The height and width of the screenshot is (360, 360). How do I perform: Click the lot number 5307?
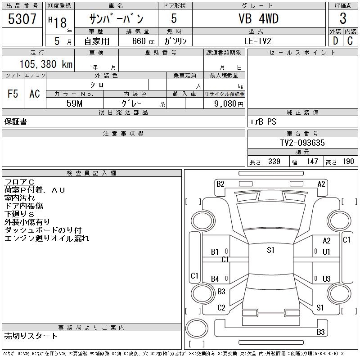pos(22,19)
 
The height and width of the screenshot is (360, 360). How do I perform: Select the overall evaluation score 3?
pos(343,19)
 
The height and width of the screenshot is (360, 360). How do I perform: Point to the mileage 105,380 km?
pos(45,64)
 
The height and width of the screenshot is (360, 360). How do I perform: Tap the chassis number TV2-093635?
pos(302,143)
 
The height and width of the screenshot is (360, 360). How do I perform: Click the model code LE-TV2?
pos(258,41)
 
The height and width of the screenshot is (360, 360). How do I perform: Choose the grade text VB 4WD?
pos(258,19)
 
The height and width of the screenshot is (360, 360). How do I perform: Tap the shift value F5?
pos(13,94)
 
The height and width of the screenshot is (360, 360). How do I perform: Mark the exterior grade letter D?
pos(335,41)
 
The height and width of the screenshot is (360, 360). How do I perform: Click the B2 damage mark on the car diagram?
pos(220,184)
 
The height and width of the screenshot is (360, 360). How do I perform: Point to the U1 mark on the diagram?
pos(327,252)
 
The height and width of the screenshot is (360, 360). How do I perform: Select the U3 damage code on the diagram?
pos(327,279)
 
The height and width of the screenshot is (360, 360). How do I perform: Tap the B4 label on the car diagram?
pos(215,279)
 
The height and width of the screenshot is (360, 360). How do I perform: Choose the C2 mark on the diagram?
pos(221,308)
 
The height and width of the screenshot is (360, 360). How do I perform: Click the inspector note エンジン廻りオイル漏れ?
pos(47,238)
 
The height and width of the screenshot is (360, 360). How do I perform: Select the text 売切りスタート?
pos(31,336)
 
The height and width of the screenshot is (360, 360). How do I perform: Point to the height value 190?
pos(348,162)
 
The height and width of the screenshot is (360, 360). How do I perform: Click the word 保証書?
pos(16,121)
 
